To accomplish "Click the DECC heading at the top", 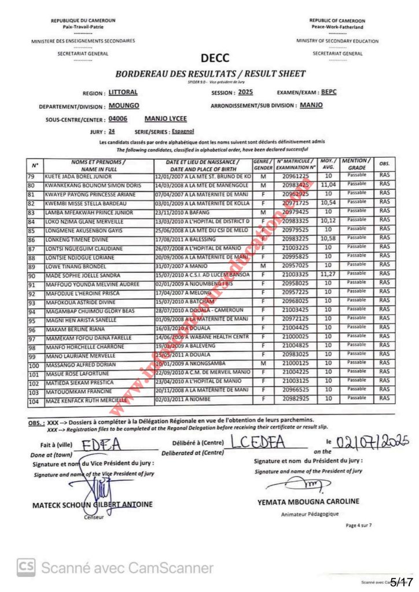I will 215,58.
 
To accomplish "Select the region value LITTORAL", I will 123,92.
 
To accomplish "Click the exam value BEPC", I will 328,92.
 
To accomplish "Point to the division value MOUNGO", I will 124,106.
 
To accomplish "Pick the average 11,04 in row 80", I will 328,185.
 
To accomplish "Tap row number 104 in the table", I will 35,400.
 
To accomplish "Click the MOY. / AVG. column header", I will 328,164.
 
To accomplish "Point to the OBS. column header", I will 384,164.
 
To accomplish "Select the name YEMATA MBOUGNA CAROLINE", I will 308,501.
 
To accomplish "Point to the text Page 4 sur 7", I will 359,525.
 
